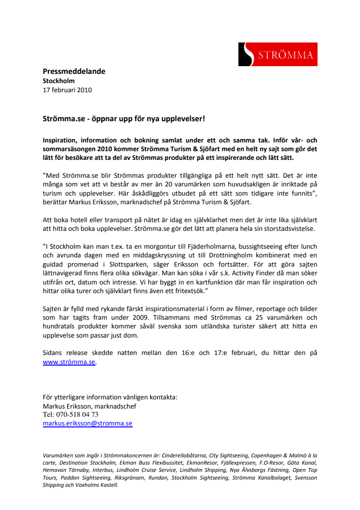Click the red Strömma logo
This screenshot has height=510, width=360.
pyautogui.click(x=276, y=55)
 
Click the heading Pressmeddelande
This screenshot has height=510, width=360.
pyautogui.click(x=74, y=71)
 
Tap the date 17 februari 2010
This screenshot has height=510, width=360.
pyautogui.click(x=67, y=89)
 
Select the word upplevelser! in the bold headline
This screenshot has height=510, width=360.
pyautogui.click(x=186, y=118)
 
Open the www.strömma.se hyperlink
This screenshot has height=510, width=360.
pyautogui.click(x=69, y=362)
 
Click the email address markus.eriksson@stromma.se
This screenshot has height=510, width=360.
pyautogui.click(x=87, y=423)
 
